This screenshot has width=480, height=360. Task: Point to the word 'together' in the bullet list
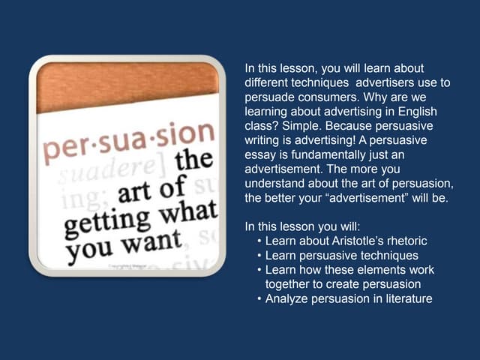pyautogui.click(x=289, y=285)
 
